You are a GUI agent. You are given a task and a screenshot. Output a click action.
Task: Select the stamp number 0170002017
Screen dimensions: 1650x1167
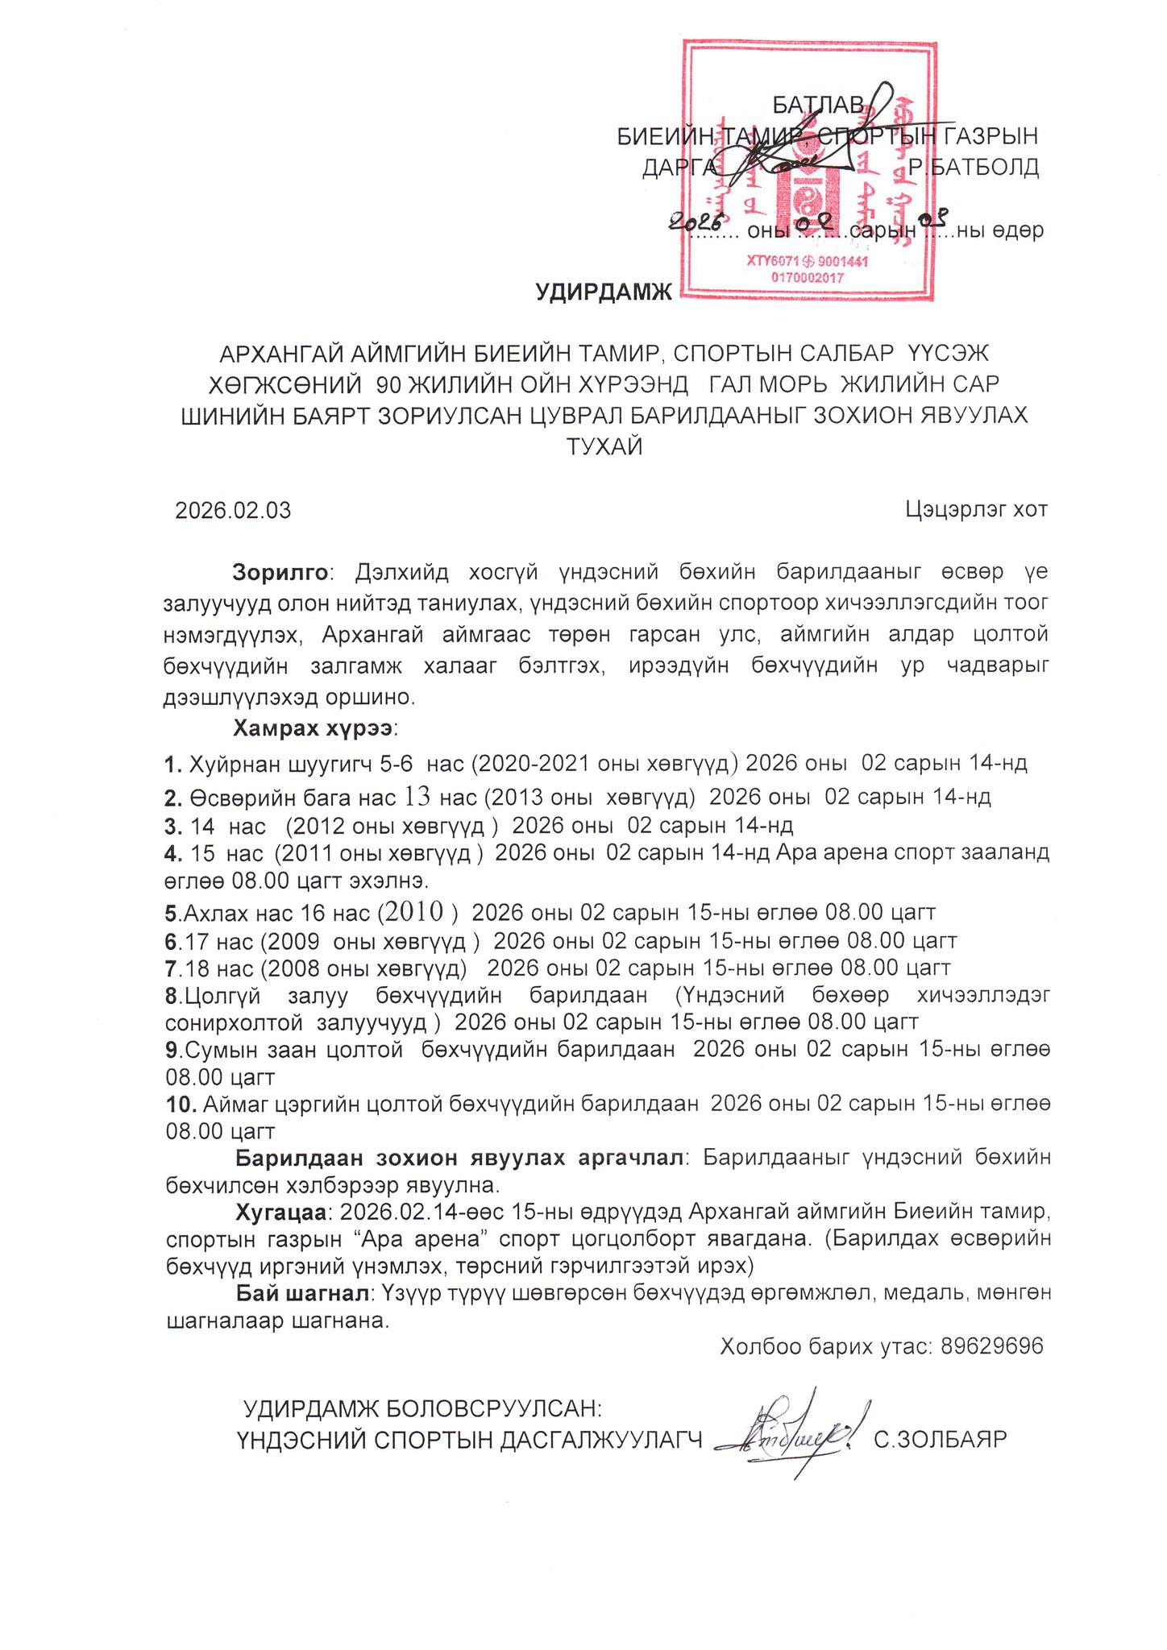[795, 276]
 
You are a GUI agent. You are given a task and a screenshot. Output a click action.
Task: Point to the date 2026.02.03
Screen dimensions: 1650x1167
[234, 510]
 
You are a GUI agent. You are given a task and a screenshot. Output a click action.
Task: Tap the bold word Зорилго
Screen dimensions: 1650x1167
[280, 572]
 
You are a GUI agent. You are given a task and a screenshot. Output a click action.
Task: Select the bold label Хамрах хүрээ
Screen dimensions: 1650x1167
[313, 728]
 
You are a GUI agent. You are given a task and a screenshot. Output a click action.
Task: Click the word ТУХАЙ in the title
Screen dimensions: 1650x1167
[605, 446]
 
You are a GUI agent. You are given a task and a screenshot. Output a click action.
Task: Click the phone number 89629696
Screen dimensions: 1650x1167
[991, 1345]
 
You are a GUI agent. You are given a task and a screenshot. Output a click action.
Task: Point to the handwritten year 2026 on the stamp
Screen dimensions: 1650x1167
[699, 219]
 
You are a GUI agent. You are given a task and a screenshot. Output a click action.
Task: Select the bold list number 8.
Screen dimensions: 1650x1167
[171, 995]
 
